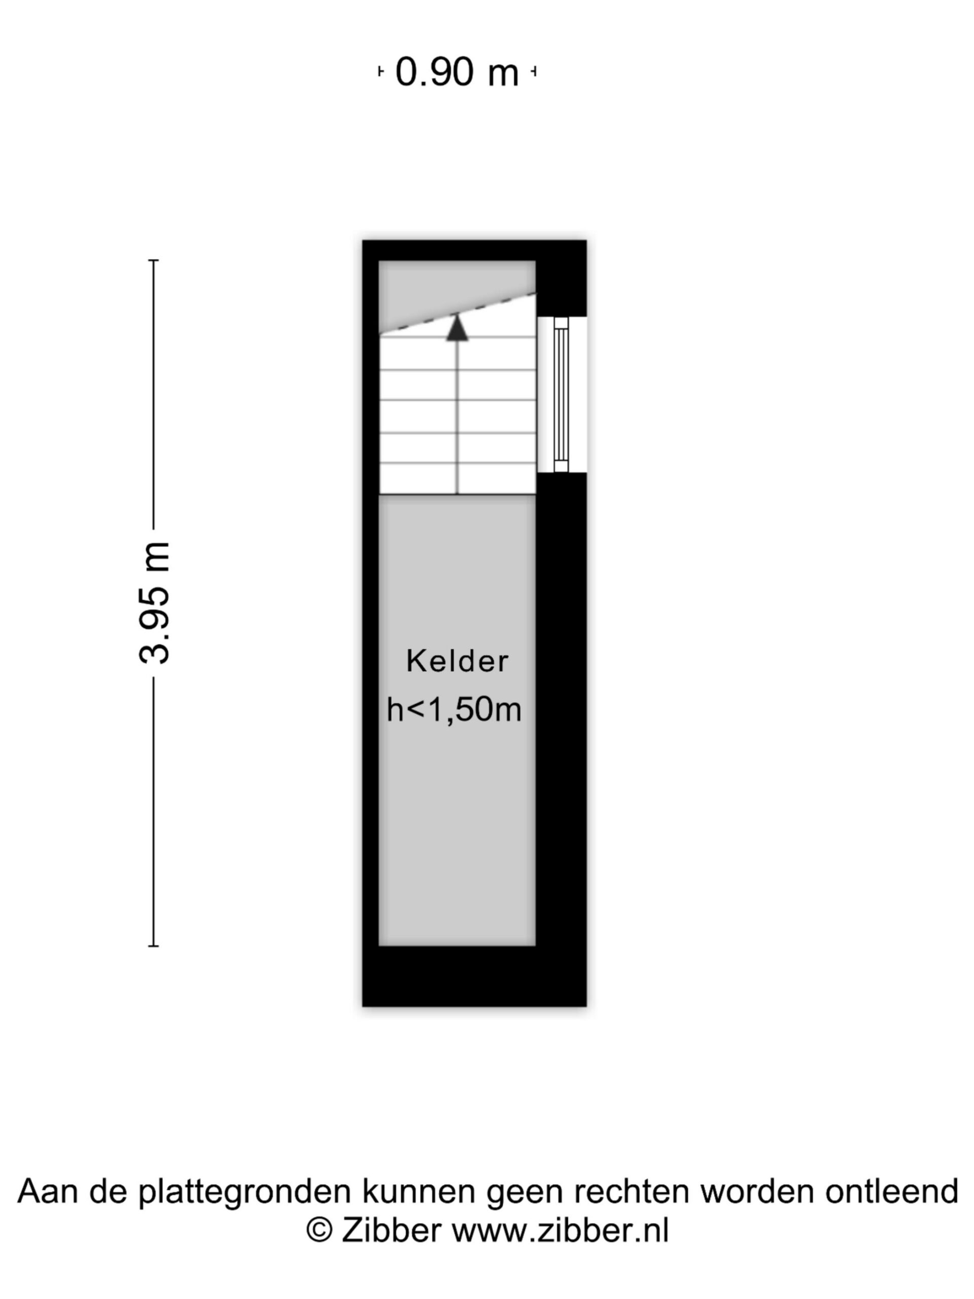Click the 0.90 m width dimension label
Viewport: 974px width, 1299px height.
tap(456, 72)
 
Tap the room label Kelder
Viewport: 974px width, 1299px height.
tap(457, 661)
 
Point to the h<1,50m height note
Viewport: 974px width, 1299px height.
tap(454, 709)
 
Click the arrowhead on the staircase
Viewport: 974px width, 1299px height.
tap(457, 328)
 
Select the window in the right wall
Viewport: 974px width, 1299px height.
tap(561, 394)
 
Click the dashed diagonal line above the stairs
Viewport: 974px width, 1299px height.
tap(458, 314)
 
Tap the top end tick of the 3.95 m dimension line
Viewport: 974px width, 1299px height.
tap(153, 260)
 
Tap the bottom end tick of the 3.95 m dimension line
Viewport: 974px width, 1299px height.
tap(153, 945)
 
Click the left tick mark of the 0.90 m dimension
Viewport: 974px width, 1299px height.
tap(380, 72)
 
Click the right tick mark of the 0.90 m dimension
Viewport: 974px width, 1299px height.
tap(534, 72)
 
